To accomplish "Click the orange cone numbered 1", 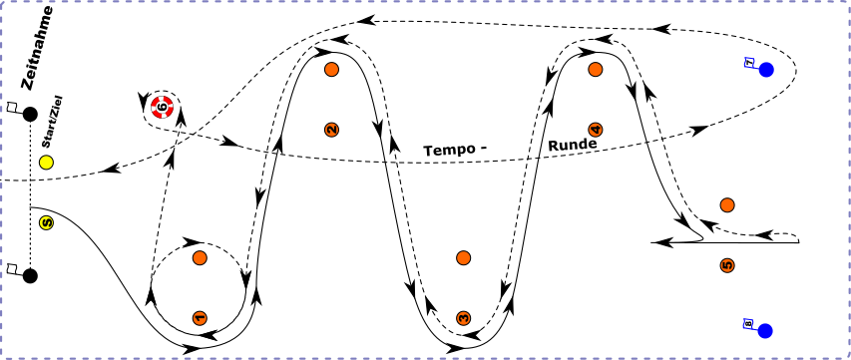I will (x=200, y=317).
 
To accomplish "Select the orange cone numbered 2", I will (x=332, y=129).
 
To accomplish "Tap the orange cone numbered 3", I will (x=463, y=317).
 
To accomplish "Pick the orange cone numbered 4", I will (x=596, y=130).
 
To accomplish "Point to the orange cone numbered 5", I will (x=727, y=265).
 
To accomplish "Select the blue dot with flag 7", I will (x=766, y=70).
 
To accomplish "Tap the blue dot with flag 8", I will (x=766, y=330).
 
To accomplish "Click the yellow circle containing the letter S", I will (x=45, y=222).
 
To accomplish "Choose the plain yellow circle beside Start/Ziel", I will (x=45, y=162).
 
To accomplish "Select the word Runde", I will (x=572, y=145).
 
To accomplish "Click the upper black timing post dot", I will (x=30, y=115).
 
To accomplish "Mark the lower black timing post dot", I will (x=30, y=275).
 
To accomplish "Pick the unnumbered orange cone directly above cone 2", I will (x=332, y=69).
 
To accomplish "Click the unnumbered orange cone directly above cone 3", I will (x=463, y=257).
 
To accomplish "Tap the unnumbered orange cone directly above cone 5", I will (x=727, y=204).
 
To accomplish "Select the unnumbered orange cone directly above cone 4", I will (x=596, y=69).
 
